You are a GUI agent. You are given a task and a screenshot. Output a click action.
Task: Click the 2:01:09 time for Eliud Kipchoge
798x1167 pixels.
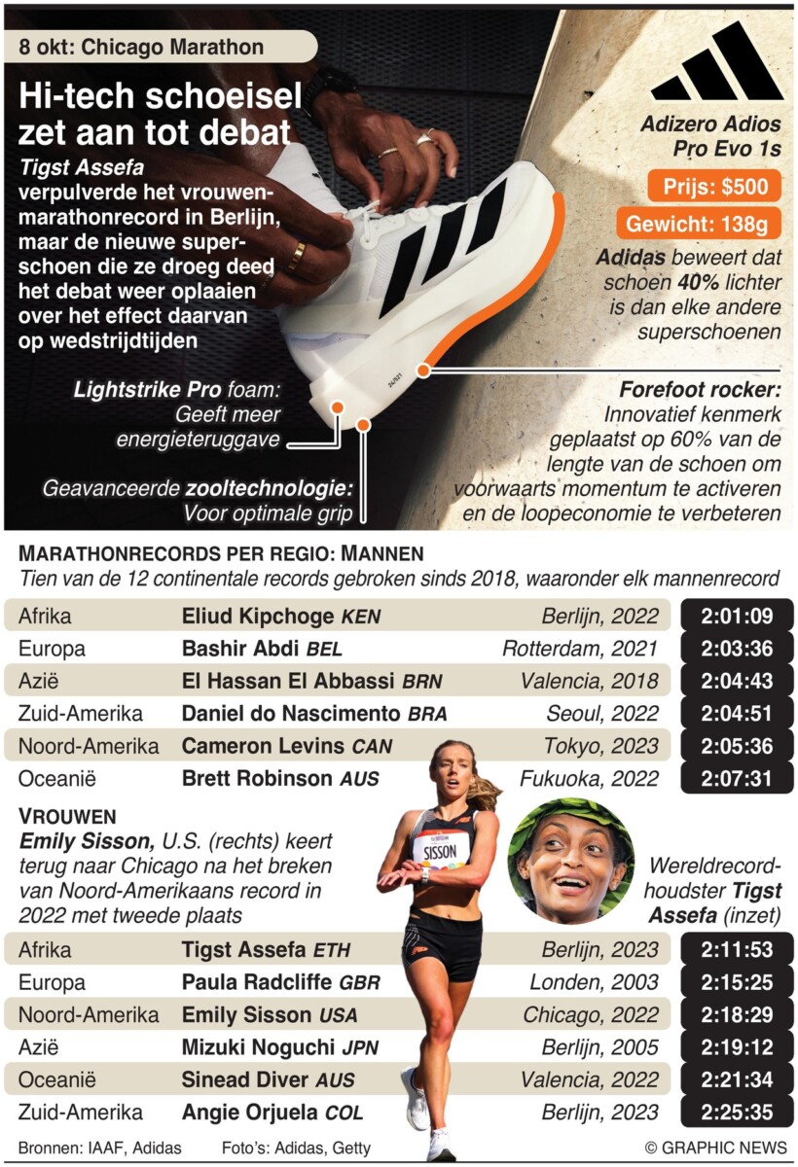[x=736, y=616]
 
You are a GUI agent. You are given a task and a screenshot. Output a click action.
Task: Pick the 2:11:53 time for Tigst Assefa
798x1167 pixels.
[x=736, y=949]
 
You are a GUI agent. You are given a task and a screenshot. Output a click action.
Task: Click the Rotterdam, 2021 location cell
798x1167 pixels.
[x=581, y=649]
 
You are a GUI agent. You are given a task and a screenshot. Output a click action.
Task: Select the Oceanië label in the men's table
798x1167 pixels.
[x=57, y=778]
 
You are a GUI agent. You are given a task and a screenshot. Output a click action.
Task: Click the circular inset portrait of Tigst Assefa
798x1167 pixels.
[x=570, y=862]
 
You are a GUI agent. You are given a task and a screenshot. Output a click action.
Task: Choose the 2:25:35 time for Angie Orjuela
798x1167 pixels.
[x=736, y=1112]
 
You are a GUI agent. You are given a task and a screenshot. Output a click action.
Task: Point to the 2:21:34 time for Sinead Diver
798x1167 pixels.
[x=736, y=1079]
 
